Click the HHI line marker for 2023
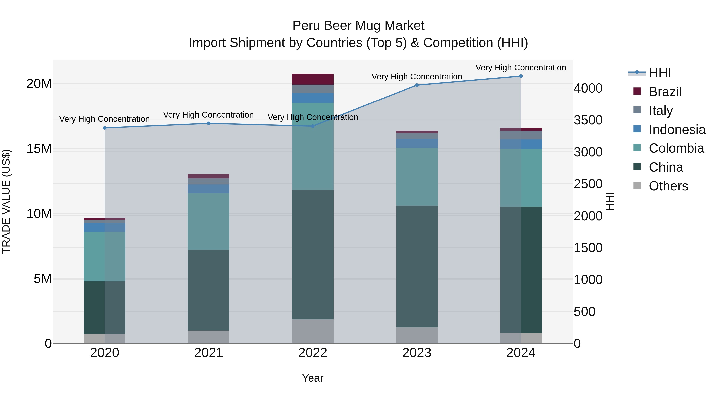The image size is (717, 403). tap(417, 85)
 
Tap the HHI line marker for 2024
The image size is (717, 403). tap(521, 76)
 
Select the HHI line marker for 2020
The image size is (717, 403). tap(105, 128)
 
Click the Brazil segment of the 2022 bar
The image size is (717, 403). tap(312, 79)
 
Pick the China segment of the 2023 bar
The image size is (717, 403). tap(417, 266)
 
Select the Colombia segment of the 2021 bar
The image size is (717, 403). tap(209, 221)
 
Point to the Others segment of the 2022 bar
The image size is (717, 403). tap(312, 331)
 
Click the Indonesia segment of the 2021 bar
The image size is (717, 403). tap(209, 189)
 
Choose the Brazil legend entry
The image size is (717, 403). tap(665, 92)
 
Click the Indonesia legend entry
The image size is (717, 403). tap(677, 130)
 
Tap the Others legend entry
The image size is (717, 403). tap(668, 186)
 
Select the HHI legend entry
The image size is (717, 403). tap(660, 73)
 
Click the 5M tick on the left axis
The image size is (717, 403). tap(43, 279)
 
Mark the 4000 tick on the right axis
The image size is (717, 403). tap(588, 88)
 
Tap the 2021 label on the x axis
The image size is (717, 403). tap(209, 353)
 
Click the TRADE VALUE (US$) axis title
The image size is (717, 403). tap(6, 201)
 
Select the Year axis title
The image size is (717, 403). tap(312, 378)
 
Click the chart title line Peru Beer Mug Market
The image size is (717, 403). tap(358, 26)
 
